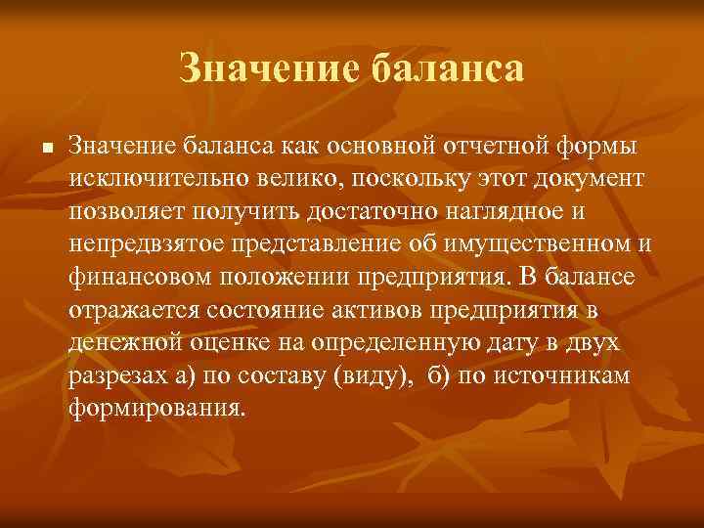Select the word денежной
click(122, 343)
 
